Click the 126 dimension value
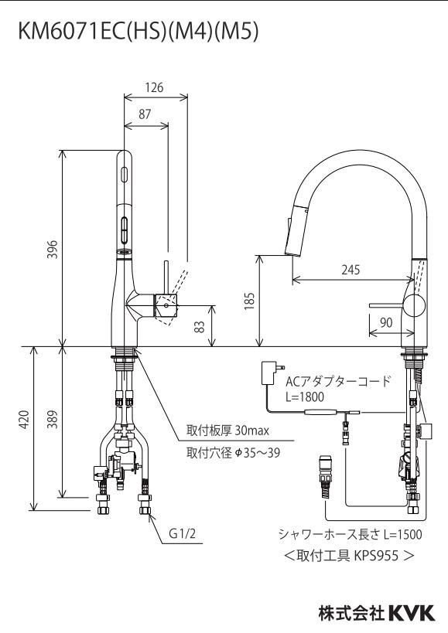coord(154,87)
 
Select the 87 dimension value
coord(145,114)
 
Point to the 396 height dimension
coord(53,249)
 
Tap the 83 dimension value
coord(200,326)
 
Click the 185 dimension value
coord(249,301)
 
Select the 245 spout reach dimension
coord(351,270)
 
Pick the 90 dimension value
coord(386,322)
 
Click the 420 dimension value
coord(24,420)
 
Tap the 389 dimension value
coord(53,420)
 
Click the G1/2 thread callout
coord(182,534)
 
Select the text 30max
coord(251,431)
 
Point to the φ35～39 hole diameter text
coord(258,453)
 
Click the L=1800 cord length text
coord(305,396)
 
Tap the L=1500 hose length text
coord(402,535)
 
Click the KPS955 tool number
coord(376,556)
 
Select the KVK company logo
coord(412,613)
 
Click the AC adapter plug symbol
coord(272,373)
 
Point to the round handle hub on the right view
coord(415,305)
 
